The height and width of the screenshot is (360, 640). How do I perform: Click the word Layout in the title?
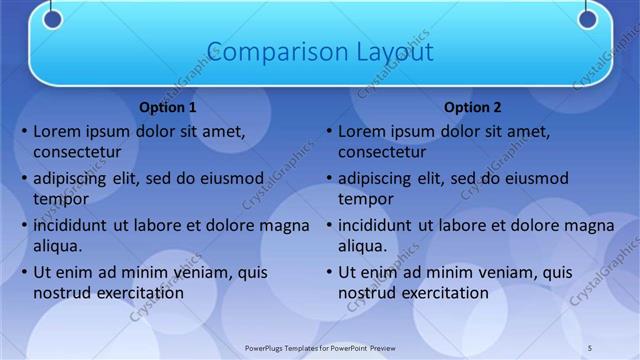394,51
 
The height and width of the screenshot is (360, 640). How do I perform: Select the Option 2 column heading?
473,107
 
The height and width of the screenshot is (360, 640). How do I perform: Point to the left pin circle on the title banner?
53,18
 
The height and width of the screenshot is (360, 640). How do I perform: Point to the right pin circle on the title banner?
587,18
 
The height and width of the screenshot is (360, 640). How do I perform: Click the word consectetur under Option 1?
77,153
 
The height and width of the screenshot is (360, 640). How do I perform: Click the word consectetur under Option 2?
382,153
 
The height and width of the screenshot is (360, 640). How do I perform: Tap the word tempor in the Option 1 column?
61,199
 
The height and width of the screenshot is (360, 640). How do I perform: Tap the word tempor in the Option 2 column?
366,199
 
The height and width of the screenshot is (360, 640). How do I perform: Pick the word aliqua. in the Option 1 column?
58,246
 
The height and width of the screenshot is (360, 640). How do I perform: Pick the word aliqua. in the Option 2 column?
363,246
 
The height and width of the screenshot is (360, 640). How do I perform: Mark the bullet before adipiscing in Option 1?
24,179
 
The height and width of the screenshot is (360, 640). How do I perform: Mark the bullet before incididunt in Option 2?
329,226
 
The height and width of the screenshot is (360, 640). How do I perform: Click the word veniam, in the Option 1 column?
200,272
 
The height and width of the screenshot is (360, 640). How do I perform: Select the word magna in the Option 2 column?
591,226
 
